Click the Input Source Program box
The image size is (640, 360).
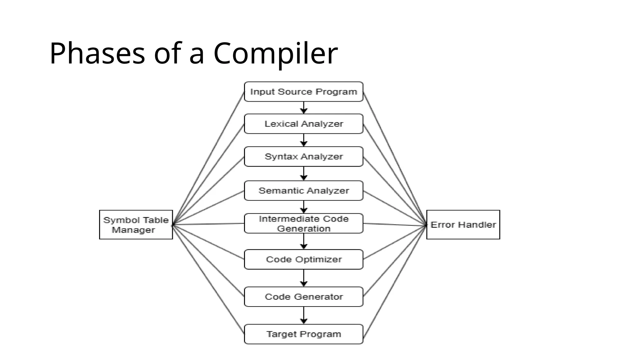pos(303,92)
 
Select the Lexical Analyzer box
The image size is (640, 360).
pos(303,124)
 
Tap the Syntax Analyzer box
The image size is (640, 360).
pos(303,156)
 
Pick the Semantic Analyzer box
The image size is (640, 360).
pos(303,190)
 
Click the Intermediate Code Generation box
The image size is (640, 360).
pos(303,223)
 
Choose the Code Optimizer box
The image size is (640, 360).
pos(303,259)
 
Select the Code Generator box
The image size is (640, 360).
pos(303,297)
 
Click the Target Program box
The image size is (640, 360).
pos(303,334)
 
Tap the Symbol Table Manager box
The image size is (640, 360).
pos(136,225)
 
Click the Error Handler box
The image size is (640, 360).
pos(463,225)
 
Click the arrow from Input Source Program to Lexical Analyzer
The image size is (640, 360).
pos(304,108)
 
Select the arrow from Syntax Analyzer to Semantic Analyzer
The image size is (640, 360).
pos(304,173)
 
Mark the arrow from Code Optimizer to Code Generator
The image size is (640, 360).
pos(304,278)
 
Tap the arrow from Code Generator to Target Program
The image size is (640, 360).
pos(304,315)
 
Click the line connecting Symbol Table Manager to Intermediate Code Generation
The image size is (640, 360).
pos(208,224)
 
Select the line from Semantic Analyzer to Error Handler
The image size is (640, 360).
pos(395,208)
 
